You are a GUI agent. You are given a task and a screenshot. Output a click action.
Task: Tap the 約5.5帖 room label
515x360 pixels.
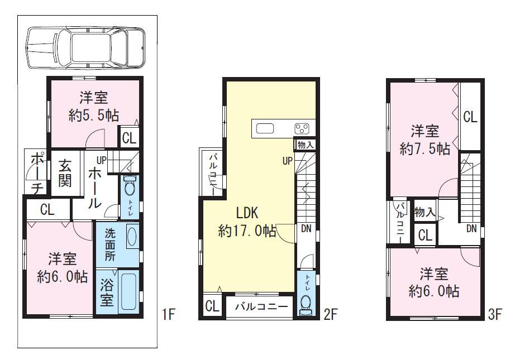pyautogui.click(x=94, y=116)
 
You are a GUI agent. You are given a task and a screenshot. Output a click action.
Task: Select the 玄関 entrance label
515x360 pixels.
pyautogui.click(x=65, y=174)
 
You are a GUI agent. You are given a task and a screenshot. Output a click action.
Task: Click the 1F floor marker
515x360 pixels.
pyautogui.click(x=169, y=314)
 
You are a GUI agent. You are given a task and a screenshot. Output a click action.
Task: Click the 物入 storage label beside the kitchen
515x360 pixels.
pyautogui.click(x=306, y=145)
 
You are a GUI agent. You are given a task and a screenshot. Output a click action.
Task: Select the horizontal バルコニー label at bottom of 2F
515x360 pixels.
pyautogui.click(x=260, y=306)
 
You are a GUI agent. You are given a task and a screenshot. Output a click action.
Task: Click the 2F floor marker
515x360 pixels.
pyautogui.click(x=330, y=314)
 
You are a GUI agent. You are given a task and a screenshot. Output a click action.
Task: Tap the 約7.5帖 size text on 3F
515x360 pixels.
pyautogui.click(x=425, y=149)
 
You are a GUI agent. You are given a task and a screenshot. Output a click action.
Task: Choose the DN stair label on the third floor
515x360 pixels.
pyautogui.click(x=471, y=228)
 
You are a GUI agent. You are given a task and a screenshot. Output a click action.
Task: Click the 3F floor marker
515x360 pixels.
pyautogui.click(x=495, y=314)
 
